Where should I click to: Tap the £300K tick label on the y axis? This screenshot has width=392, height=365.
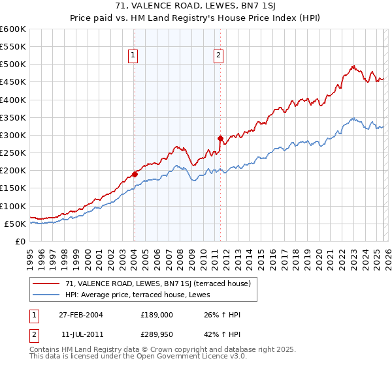tap(13, 135)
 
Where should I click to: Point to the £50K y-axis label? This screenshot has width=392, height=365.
tap(15, 224)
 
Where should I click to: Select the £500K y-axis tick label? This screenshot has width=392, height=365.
tap(13, 65)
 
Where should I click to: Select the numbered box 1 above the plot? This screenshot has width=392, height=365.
tap(133, 55)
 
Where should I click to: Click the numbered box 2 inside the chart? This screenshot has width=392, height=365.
tap(218, 55)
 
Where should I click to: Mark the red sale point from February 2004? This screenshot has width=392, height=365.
tap(135, 174)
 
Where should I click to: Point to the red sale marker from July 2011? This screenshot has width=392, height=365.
tap(220, 138)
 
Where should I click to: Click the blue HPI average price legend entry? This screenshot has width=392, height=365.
tap(142, 295)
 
